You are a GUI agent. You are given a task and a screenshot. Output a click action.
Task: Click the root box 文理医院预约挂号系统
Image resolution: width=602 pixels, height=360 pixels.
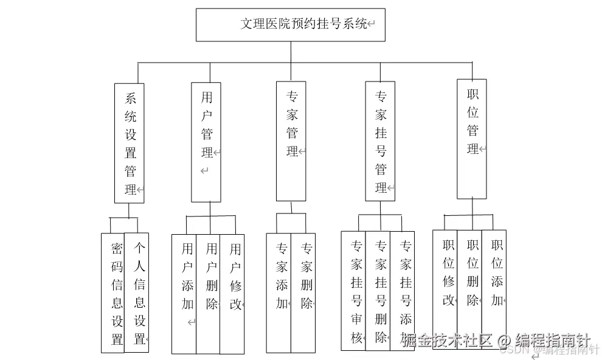(x=290, y=25)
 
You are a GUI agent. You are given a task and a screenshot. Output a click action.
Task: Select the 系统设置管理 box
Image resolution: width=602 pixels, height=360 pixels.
(x=130, y=143)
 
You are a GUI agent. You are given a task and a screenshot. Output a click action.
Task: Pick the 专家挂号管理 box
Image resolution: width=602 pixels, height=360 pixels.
(x=380, y=140)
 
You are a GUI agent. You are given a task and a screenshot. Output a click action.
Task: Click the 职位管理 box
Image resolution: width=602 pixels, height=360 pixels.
(x=472, y=139)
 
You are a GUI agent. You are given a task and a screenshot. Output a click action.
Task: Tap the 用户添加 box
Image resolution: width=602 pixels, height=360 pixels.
(x=184, y=294)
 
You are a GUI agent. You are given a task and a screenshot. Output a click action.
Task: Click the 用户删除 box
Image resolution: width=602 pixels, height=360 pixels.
(x=208, y=294)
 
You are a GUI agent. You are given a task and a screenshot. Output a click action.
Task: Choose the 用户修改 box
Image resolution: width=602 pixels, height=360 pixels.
(x=232, y=294)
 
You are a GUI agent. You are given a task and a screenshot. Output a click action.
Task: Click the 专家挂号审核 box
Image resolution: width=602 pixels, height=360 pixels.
(x=353, y=291)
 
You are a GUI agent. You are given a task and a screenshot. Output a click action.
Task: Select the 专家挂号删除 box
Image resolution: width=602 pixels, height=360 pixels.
(x=378, y=291)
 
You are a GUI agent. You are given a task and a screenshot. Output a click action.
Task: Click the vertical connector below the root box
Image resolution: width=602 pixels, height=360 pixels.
(x=291, y=52)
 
